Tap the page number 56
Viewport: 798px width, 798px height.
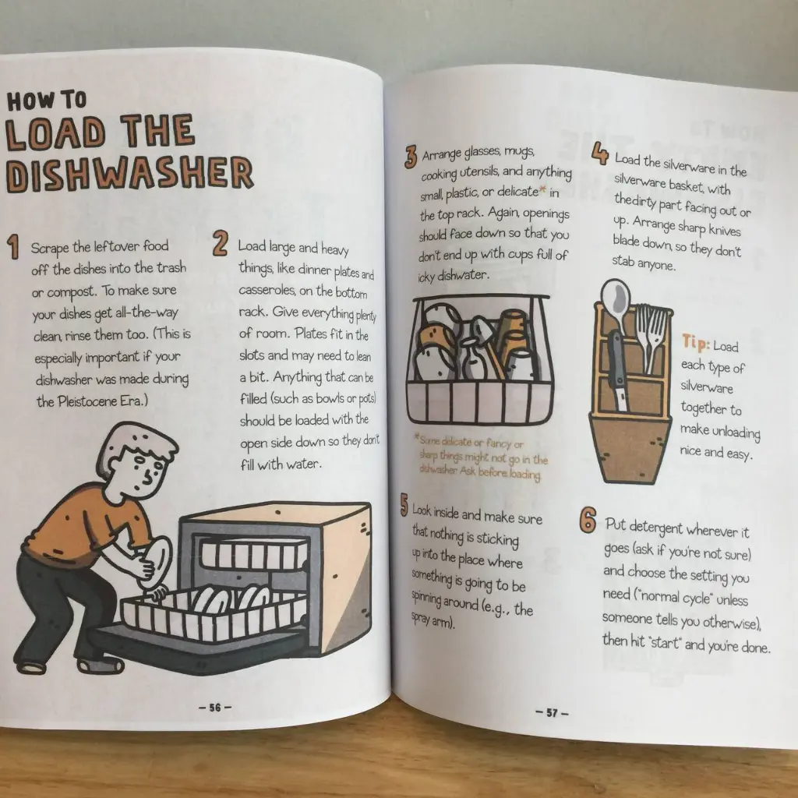[x=215, y=708]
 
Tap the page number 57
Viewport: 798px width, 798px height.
[x=553, y=712]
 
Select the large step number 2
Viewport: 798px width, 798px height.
[x=220, y=243]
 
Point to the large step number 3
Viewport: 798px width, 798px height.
[x=411, y=157]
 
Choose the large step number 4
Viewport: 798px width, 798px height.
[x=601, y=153]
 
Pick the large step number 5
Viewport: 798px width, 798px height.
[x=404, y=505]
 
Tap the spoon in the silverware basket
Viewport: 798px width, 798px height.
[x=616, y=308]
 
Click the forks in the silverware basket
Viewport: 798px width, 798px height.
[x=651, y=336]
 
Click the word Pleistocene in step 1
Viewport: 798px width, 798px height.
[x=87, y=401]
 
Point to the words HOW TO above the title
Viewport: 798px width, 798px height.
[x=47, y=101]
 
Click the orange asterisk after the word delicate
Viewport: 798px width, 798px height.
[x=542, y=190]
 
